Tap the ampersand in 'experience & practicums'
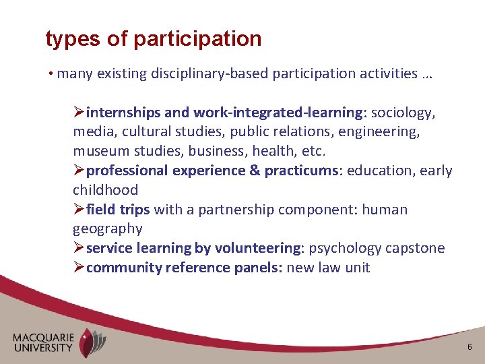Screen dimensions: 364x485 click(255, 171)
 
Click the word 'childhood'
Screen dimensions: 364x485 click(105, 190)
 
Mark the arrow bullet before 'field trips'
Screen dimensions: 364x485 click(79, 210)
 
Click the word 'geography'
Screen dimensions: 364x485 click(108, 229)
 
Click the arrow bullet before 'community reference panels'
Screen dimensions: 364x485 click(79, 268)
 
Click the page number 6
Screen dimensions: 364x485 click(470, 346)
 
